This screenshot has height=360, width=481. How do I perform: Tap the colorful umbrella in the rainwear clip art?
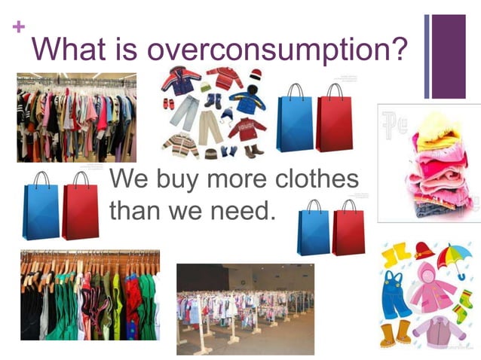[454, 259]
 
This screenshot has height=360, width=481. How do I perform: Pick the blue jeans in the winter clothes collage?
[184, 114]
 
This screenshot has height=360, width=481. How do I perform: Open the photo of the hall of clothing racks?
[245, 309]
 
